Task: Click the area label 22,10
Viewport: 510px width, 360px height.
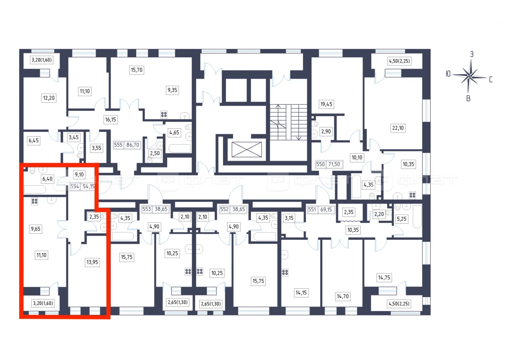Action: click(x=398, y=128)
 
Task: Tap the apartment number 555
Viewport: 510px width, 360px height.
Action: click(x=118, y=145)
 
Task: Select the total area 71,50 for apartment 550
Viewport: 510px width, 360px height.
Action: click(x=334, y=164)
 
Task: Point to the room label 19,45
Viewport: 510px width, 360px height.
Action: click(x=326, y=104)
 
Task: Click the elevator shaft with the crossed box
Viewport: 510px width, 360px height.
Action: click(x=247, y=149)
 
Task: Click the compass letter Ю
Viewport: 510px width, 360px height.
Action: click(x=448, y=74)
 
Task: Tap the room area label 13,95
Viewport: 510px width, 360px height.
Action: click(x=92, y=262)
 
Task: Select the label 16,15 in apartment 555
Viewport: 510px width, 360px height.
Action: click(x=110, y=119)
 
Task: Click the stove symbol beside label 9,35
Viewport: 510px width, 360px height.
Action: click(x=164, y=114)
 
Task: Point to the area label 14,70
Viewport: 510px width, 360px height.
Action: click(x=343, y=296)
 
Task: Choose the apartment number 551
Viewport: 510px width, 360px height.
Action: click(x=312, y=209)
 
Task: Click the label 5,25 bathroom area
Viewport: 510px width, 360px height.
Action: click(x=401, y=219)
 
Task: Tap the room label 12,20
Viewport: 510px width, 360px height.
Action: click(x=49, y=98)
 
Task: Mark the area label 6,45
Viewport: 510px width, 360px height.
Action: click(x=33, y=141)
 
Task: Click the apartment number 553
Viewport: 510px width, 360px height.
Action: click(x=147, y=209)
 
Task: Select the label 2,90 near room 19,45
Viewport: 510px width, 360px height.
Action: click(x=326, y=131)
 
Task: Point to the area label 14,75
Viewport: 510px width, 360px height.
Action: click(x=384, y=278)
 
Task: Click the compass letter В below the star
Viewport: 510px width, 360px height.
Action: click(x=468, y=98)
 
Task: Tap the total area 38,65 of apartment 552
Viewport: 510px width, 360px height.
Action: click(x=238, y=209)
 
